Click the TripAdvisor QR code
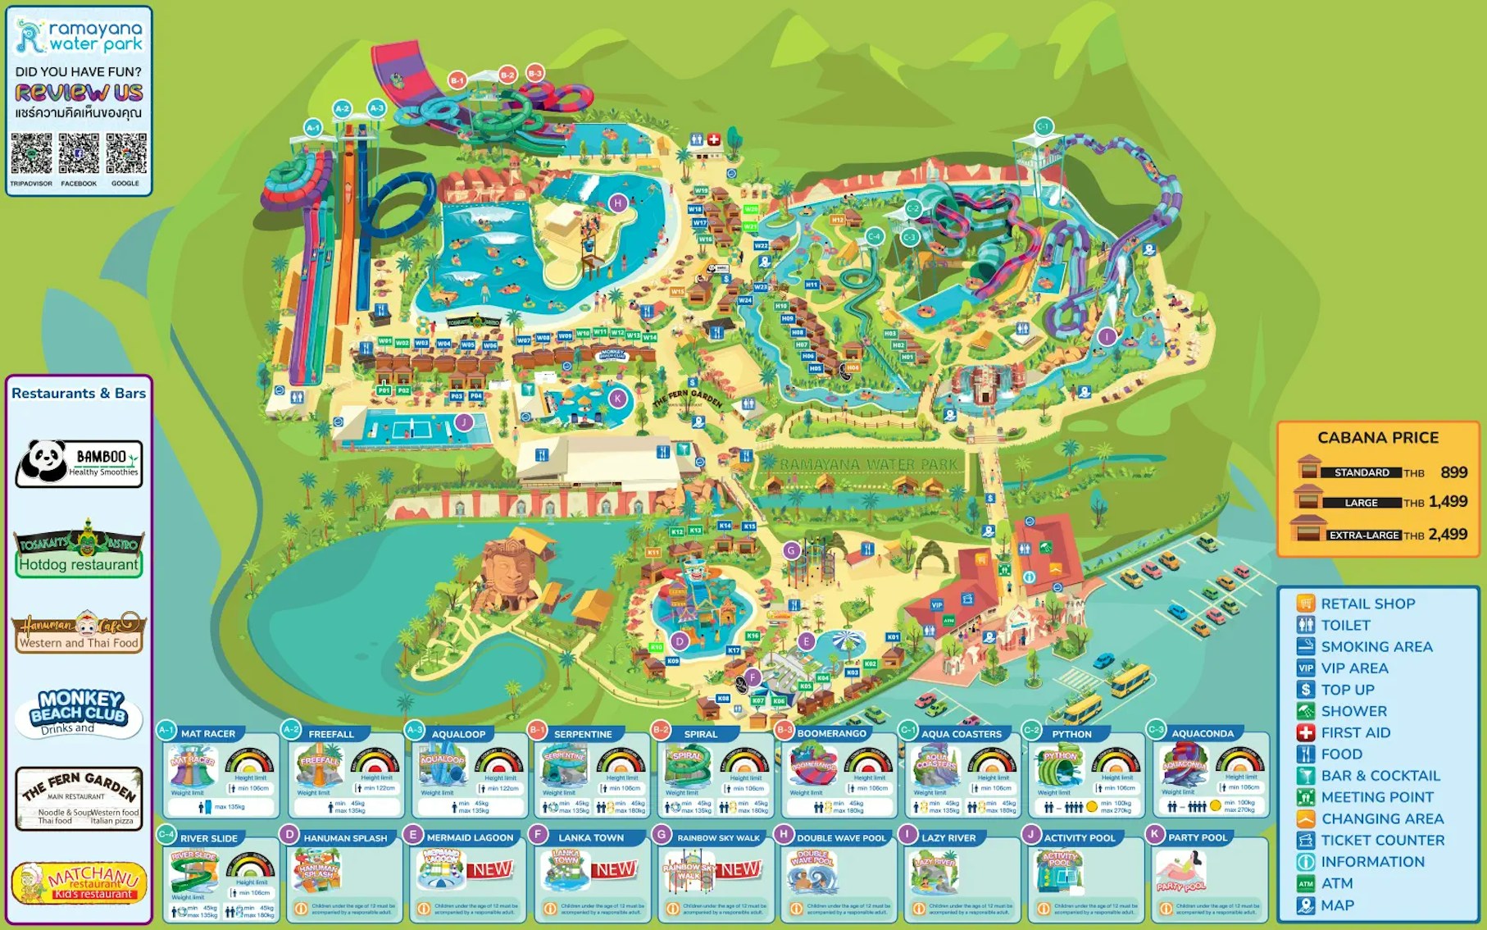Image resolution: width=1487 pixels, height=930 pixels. point(31,154)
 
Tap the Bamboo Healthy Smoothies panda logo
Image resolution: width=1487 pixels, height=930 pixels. point(79,463)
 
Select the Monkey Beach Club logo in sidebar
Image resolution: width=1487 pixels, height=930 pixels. point(80,710)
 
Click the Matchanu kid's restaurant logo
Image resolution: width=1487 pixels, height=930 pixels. point(80,882)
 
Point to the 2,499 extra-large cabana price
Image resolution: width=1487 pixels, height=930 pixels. point(1448,535)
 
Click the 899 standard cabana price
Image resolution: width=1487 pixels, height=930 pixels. point(1453,472)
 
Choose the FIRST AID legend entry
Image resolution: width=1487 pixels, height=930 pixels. point(1355,732)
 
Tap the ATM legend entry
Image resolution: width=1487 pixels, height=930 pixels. point(1336,883)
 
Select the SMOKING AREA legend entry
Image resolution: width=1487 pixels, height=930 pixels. point(1376,646)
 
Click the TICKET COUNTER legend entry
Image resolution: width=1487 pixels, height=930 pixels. point(1382,840)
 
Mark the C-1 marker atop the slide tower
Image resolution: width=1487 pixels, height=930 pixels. point(1044,126)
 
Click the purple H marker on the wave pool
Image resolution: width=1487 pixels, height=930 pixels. point(618,203)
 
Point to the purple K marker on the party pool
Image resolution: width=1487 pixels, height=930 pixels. point(617,399)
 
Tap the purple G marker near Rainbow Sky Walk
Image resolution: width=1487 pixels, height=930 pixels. point(791,550)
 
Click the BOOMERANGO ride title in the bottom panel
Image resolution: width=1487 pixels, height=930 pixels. point(831,734)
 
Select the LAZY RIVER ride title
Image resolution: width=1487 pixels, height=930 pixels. point(948,838)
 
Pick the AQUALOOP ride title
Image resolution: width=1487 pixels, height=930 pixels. point(458,734)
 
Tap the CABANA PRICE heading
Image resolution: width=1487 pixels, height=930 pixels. point(1378,438)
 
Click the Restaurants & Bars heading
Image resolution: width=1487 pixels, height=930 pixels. point(79,394)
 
